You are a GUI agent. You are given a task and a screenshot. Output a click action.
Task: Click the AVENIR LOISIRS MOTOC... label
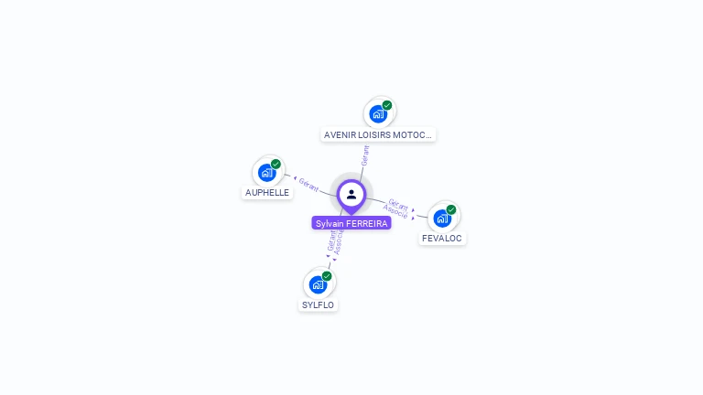point(378,134)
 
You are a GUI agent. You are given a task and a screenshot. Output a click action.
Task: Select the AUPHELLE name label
point(267,193)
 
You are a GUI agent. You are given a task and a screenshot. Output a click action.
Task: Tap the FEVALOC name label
point(442,239)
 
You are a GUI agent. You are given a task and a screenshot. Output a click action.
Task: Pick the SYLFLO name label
point(318,305)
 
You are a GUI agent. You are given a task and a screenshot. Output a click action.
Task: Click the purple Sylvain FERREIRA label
point(351,223)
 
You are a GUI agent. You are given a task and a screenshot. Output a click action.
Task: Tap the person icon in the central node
point(351,194)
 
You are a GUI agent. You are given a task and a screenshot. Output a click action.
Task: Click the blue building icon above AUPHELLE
point(267,172)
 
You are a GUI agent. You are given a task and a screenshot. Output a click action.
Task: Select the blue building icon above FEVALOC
point(441,218)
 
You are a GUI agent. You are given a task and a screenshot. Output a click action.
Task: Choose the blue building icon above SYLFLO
point(317,284)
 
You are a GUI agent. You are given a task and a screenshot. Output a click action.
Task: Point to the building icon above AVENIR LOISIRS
point(377,114)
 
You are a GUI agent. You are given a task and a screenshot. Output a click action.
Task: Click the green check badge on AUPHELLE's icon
point(276,165)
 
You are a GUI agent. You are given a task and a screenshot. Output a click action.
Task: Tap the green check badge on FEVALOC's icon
point(450,209)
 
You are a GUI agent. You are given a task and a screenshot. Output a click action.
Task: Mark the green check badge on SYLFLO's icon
point(327,276)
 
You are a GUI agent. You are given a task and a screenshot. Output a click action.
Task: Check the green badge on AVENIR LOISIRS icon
point(387,106)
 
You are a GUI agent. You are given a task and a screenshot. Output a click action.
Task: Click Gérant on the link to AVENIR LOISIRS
point(365,155)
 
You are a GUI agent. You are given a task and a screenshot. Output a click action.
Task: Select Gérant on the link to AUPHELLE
point(308,185)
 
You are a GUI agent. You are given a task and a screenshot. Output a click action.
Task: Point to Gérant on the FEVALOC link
point(398,204)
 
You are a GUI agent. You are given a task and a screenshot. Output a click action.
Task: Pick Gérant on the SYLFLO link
point(330,240)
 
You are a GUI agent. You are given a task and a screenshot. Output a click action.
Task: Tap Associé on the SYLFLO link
point(339,242)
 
